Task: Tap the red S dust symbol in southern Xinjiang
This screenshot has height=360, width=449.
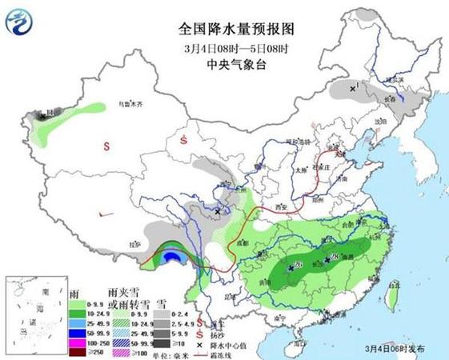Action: pos(106,146)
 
